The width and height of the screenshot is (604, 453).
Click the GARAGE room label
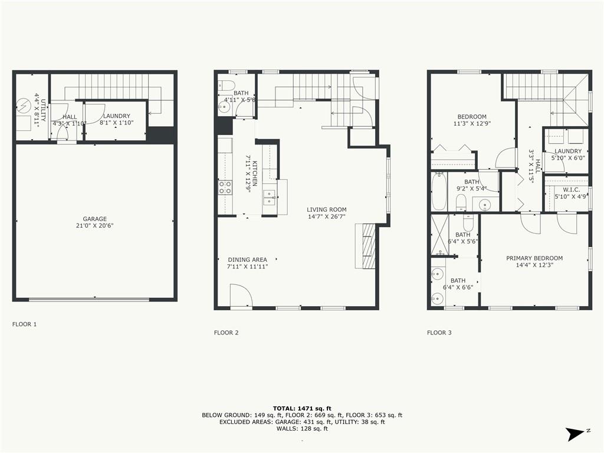(94, 219)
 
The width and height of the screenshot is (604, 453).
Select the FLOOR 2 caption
(226, 333)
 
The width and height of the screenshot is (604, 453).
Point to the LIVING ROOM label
(326, 209)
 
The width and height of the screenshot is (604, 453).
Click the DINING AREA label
(247, 260)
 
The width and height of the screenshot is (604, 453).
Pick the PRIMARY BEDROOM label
(534, 258)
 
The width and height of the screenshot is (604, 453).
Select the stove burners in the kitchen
(225, 188)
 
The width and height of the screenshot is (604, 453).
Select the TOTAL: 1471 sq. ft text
(302, 408)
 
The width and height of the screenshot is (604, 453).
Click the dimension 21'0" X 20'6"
(94, 226)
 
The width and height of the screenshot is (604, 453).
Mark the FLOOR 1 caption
(24, 324)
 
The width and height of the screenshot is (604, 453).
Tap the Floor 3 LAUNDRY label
(567, 151)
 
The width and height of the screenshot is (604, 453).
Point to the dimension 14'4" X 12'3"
(534, 265)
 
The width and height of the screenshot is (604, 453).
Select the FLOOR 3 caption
(439, 333)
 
